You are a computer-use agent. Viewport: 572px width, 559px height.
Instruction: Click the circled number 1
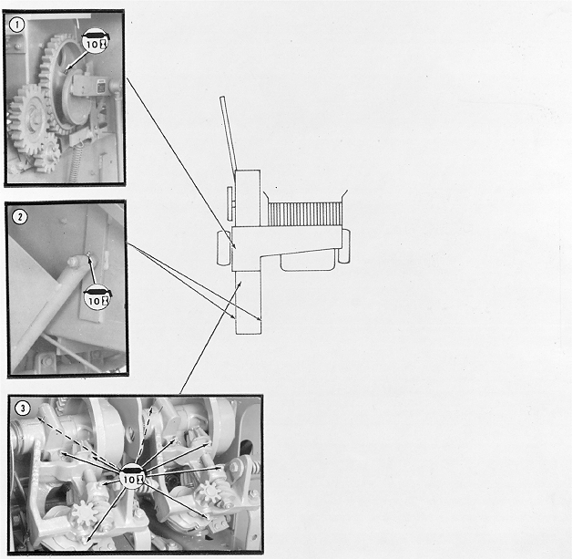[x=16, y=26]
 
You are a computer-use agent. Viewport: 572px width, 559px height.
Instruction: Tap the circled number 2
[x=20, y=217]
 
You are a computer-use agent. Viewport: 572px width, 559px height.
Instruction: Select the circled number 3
[x=23, y=408]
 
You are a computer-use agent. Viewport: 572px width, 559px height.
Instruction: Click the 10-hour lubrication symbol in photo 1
[x=96, y=41]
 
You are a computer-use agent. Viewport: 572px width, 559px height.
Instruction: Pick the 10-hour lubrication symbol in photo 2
[x=97, y=298]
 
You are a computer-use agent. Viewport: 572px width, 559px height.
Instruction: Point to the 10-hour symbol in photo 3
[x=133, y=476]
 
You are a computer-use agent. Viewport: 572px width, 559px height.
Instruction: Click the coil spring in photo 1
[x=76, y=161]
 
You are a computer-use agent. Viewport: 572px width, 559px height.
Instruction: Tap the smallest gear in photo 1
[x=50, y=150]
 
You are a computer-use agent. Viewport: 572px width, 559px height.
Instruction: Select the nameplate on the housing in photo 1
[x=101, y=88]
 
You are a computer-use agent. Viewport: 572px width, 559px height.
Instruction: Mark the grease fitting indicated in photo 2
[x=88, y=254]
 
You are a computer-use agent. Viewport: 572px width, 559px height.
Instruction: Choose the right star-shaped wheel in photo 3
[x=209, y=492]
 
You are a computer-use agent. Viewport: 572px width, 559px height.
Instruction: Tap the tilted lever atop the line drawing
[x=229, y=134]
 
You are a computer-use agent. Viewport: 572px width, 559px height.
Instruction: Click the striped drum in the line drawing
[x=305, y=215]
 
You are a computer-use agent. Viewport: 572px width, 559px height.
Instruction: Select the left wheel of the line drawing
[x=225, y=247]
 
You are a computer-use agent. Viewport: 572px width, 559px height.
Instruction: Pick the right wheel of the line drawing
[x=344, y=245]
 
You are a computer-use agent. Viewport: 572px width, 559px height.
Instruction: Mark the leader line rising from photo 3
[x=210, y=338]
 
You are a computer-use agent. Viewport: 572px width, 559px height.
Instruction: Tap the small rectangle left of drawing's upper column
[x=230, y=203]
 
